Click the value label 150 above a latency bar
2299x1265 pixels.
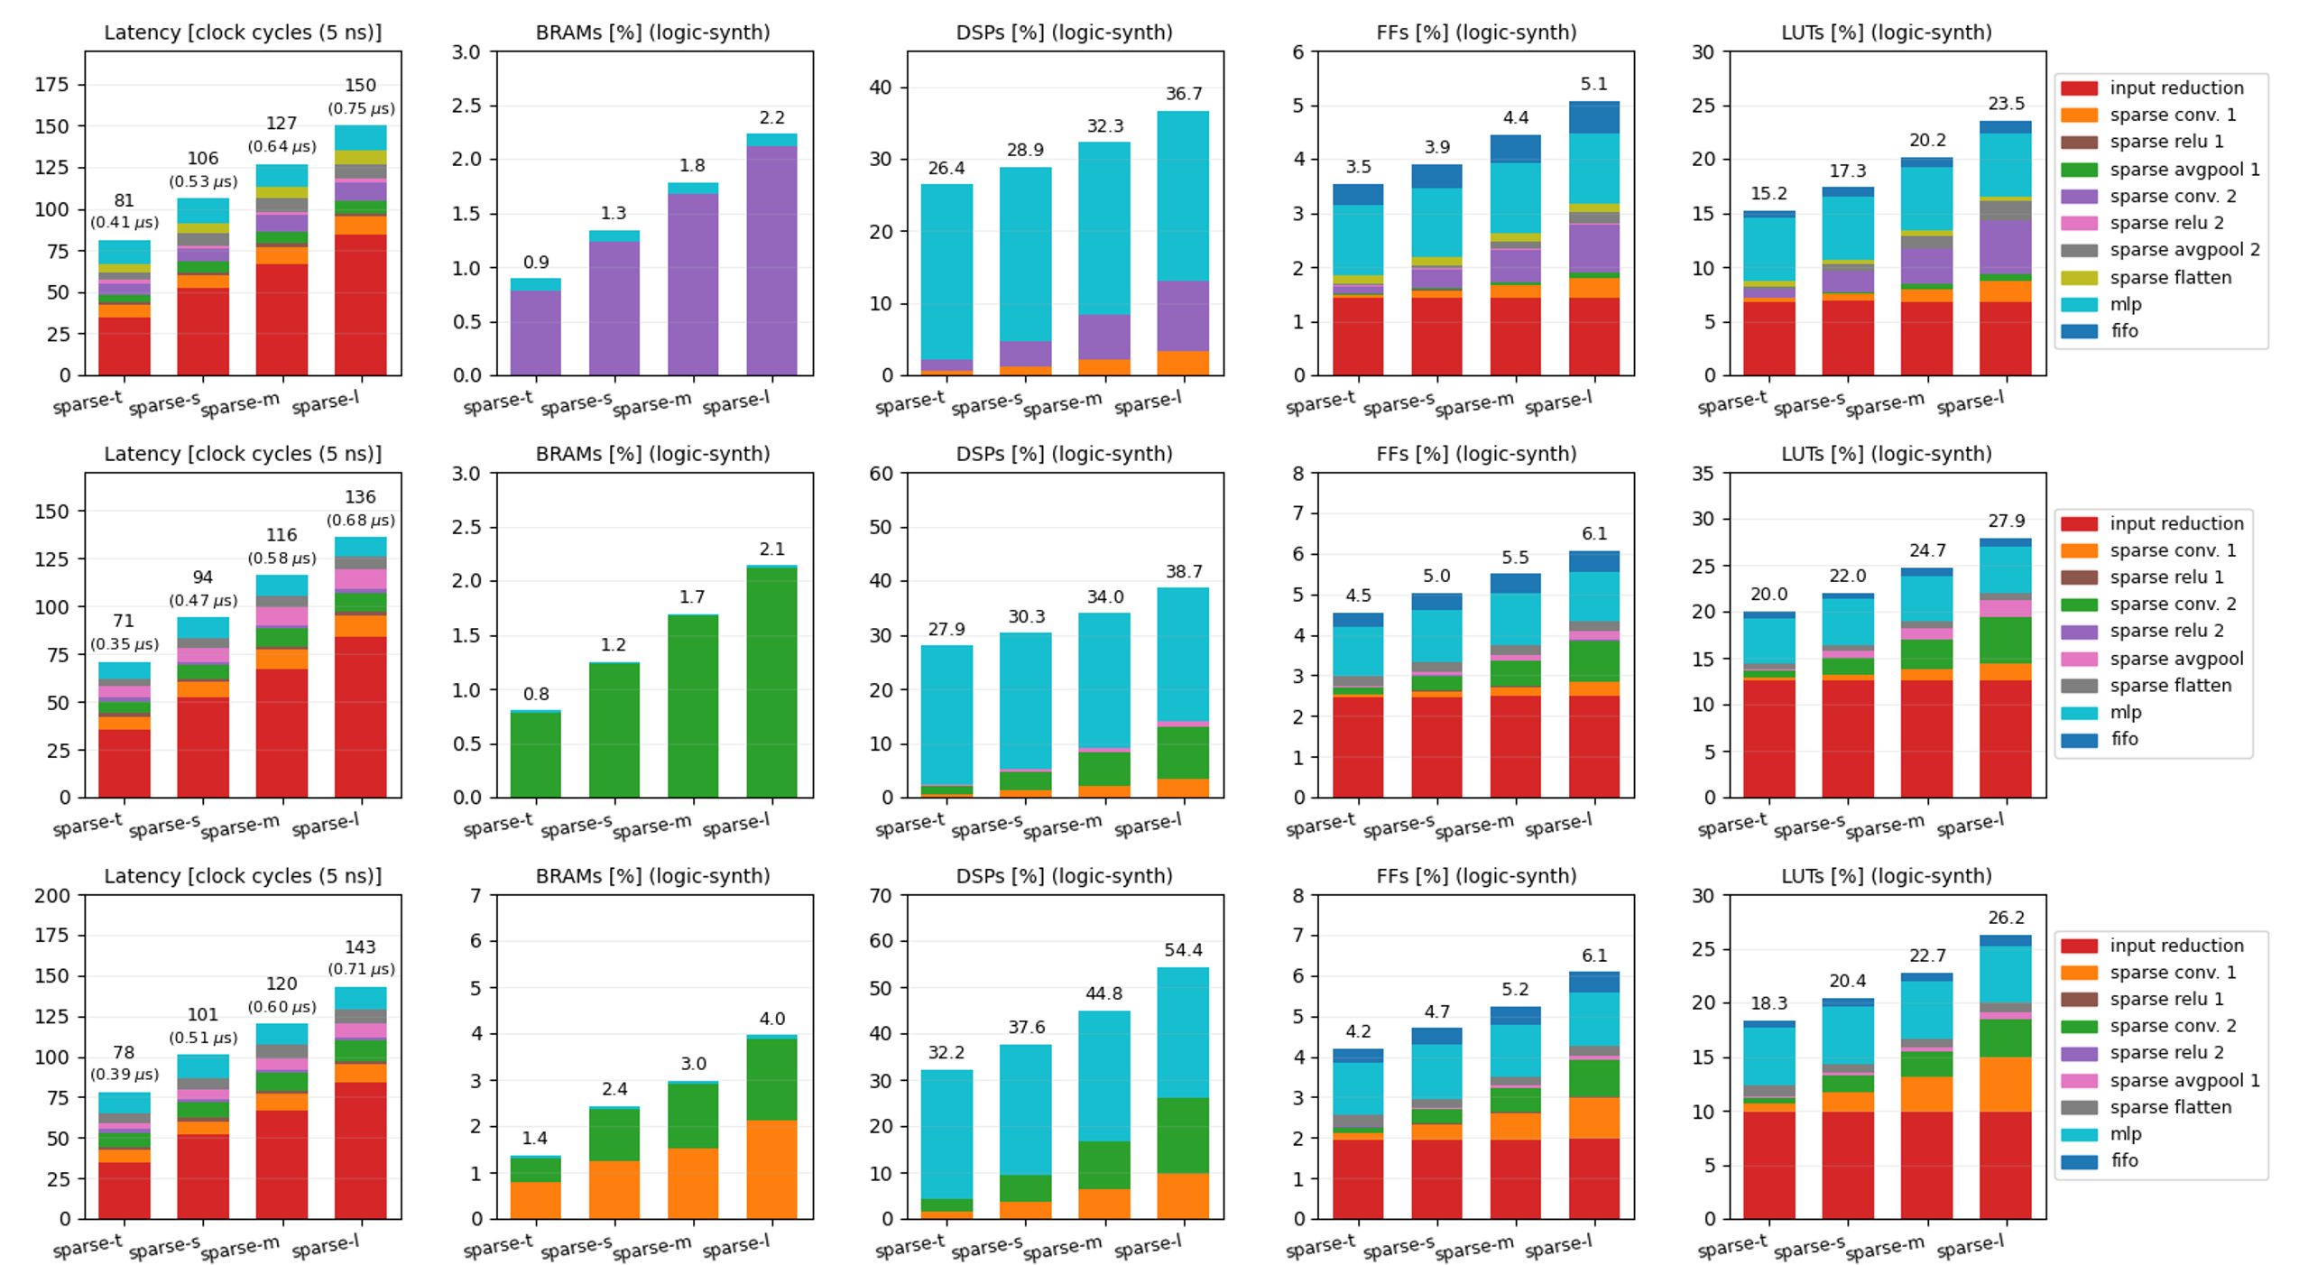360,86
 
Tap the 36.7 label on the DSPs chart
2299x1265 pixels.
1183,94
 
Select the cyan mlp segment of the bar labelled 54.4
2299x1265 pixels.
1183,1032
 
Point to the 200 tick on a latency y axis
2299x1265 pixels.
52,896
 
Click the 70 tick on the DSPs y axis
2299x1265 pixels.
881,896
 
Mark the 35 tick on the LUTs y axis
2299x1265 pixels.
1703,474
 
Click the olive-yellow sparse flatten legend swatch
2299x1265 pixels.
2079,278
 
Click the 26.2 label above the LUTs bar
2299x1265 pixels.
2006,918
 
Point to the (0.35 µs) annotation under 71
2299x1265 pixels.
125,644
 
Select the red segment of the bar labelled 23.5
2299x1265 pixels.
2006,338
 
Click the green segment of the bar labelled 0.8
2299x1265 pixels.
536,754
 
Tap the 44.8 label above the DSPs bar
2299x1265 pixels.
1104,993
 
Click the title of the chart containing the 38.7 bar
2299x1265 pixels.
1065,454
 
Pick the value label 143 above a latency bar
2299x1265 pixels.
360,947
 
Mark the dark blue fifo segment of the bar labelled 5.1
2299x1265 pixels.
1594,117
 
